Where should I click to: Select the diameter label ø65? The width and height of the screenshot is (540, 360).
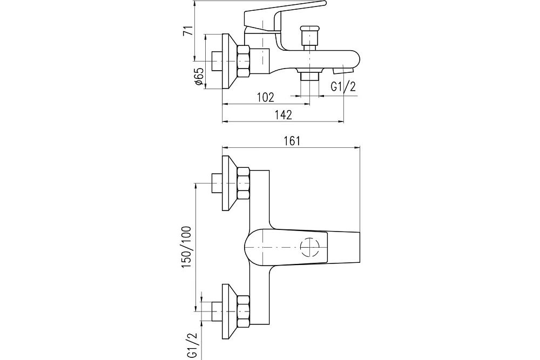198,76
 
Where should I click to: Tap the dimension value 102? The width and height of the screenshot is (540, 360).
265,98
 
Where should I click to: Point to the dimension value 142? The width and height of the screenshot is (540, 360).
282,114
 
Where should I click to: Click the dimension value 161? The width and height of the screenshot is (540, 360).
291,141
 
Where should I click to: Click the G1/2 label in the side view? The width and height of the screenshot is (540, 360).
342,87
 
